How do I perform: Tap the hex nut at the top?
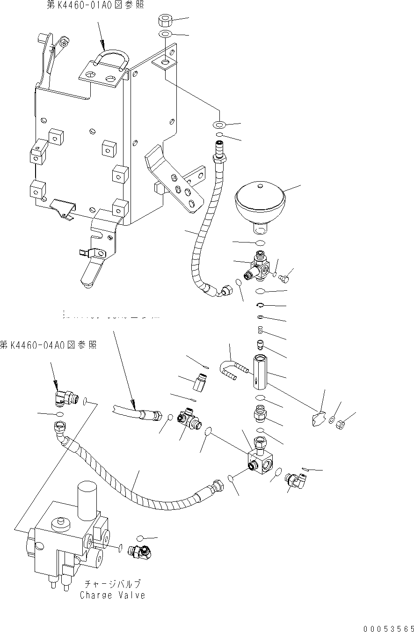(165, 21)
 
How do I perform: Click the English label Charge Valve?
(112, 595)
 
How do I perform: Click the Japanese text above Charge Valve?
(112, 584)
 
